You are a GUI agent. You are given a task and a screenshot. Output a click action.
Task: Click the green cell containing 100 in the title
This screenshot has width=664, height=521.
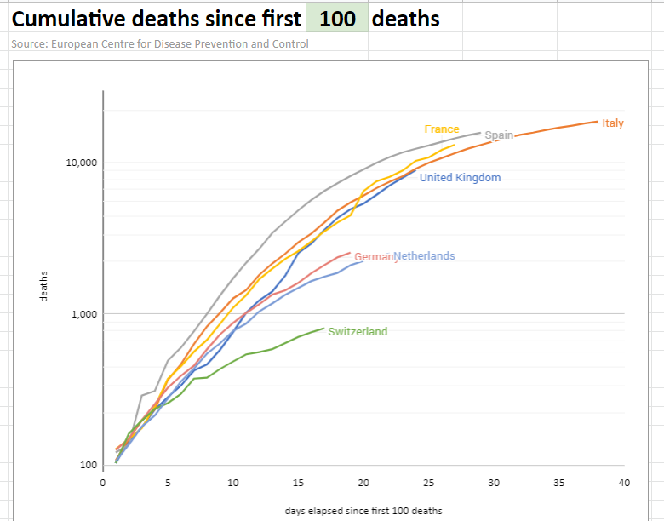click(338, 18)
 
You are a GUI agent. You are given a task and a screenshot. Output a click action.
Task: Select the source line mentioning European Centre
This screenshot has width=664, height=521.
click(160, 43)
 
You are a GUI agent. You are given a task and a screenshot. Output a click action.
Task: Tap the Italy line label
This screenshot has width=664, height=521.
click(612, 123)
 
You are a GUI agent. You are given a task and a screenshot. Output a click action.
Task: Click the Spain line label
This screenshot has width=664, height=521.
click(499, 135)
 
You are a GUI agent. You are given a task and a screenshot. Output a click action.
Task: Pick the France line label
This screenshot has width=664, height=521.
click(441, 129)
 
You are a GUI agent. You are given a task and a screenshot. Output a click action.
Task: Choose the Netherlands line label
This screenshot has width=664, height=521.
click(424, 256)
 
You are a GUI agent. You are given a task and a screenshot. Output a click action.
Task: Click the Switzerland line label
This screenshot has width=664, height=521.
click(358, 332)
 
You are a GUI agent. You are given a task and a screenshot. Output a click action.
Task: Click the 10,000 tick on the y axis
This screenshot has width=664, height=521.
click(82, 163)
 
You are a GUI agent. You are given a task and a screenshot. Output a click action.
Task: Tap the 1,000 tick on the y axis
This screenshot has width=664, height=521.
click(84, 314)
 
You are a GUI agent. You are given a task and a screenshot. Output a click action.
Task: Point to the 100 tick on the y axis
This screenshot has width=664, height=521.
click(89, 466)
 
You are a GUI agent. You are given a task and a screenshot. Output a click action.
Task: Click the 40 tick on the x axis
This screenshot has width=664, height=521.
click(624, 483)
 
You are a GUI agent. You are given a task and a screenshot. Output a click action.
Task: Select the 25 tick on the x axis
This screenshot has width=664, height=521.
click(428, 483)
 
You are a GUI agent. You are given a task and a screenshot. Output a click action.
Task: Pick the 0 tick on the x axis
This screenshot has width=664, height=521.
click(103, 483)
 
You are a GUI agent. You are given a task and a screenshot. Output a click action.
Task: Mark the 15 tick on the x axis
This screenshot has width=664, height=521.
click(298, 483)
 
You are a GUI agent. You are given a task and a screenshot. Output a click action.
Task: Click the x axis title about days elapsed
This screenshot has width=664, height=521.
click(363, 511)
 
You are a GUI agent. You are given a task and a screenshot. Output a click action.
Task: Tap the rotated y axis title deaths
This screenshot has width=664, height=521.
click(43, 286)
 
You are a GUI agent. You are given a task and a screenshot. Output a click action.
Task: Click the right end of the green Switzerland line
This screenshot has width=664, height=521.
click(323, 329)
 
